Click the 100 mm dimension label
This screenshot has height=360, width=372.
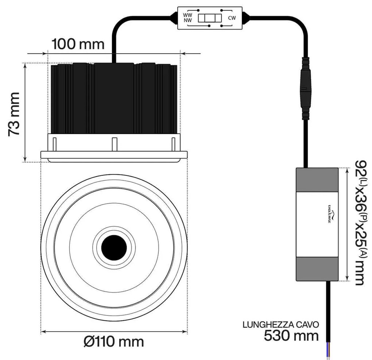tap(78, 44)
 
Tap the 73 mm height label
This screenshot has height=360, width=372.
tap(14, 114)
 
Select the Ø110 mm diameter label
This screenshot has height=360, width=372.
tap(113, 342)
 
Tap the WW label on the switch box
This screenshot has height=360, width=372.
tap(188, 15)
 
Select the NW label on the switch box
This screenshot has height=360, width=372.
tap(188, 21)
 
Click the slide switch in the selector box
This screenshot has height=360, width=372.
tap(210, 18)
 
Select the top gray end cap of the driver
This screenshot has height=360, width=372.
tap(317, 180)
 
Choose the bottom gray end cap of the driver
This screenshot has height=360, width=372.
tap(317, 269)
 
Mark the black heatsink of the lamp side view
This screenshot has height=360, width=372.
tap(114, 99)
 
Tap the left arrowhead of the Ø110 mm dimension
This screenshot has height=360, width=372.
tap(43, 332)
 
